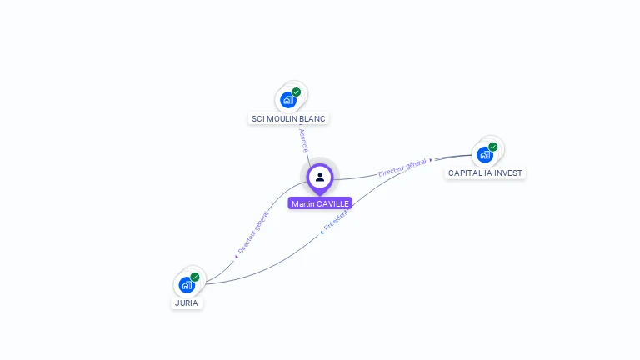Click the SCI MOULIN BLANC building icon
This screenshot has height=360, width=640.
(288, 100)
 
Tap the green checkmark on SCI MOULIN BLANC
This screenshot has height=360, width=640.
(297, 92)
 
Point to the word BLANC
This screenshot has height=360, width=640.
(312, 119)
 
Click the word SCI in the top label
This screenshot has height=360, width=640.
(258, 119)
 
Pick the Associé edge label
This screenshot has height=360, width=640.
(303, 138)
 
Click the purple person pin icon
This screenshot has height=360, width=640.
(320, 177)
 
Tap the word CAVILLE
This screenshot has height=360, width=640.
(333, 204)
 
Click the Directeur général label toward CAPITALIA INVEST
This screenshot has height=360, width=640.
(402, 167)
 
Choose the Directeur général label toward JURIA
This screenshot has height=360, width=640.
(253, 232)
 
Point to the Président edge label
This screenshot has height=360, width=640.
(336, 221)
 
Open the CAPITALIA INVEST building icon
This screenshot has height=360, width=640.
(485, 154)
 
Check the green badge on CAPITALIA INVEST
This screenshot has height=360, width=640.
(493, 147)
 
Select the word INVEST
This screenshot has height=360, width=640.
(509, 173)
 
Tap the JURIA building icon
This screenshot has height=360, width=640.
(187, 284)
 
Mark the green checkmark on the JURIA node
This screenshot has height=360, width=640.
(195, 277)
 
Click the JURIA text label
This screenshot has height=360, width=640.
(187, 303)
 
